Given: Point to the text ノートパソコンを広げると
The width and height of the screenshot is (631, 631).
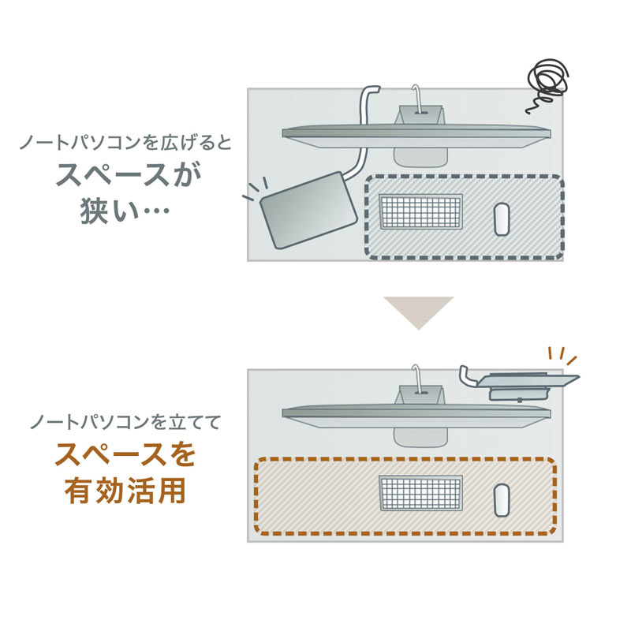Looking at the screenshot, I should click(126, 144).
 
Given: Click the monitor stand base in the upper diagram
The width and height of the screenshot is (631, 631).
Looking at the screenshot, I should click(418, 153).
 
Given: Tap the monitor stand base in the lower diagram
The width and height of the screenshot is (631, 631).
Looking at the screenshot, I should click(418, 434).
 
